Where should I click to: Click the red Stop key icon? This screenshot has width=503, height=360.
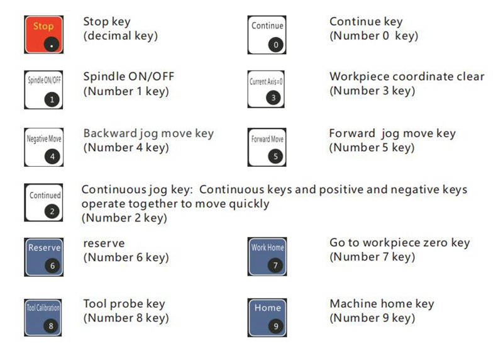point(43,35)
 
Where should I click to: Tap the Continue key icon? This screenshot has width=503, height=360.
point(267,35)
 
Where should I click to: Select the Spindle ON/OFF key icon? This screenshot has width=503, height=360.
point(43,90)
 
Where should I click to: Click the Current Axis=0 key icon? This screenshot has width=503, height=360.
point(266,89)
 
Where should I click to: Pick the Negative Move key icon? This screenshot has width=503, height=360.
point(43,147)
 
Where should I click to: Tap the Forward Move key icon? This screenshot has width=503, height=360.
point(267,147)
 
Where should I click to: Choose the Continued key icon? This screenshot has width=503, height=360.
point(43,202)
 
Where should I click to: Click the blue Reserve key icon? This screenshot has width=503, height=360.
point(43,257)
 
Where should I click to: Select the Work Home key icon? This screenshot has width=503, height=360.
point(267,257)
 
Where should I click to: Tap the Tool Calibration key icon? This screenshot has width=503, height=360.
point(43,318)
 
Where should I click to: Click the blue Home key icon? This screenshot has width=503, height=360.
point(267,318)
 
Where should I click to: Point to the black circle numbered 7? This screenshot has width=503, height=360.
point(275,266)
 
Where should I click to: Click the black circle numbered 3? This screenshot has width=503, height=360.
point(274,98)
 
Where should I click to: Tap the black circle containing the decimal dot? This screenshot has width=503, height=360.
point(52,44)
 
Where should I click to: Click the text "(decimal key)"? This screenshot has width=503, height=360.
point(121,36)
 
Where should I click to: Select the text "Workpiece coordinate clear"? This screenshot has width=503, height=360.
point(407,76)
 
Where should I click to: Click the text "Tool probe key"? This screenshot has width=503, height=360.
point(124,303)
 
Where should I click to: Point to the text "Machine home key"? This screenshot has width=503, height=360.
point(382,303)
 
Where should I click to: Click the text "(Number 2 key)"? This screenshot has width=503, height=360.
point(124,218)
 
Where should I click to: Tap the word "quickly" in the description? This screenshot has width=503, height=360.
point(249,204)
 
